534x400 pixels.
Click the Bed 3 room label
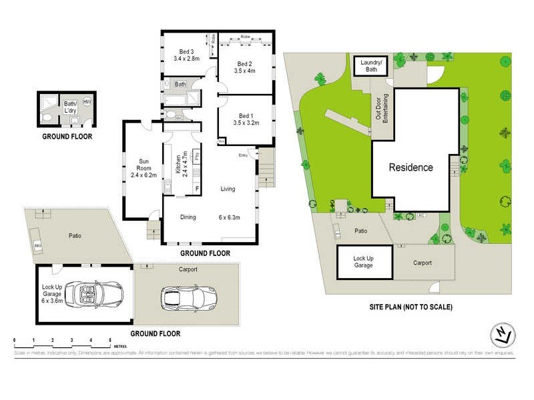[x=186, y=52]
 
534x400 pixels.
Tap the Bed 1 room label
[x=246, y=115]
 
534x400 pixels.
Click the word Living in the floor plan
[x=228, y=189]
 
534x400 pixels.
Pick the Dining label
[x=188, y=217]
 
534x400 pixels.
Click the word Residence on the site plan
[x=411, y=167]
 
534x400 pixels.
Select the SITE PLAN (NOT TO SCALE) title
[x=411, y=307]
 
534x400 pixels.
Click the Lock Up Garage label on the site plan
[x=362, y=261]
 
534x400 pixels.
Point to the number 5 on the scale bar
[x=110, y=341]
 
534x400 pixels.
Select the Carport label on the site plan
[x=422, y=263]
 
